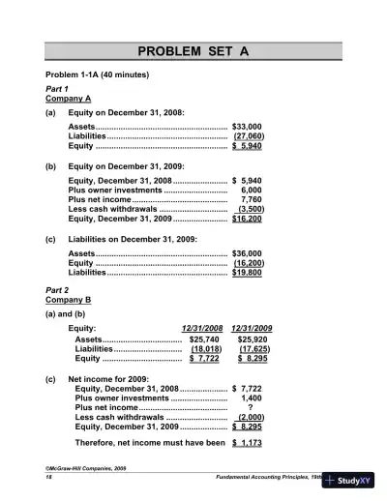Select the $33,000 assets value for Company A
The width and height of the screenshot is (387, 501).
coord(248,126)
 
